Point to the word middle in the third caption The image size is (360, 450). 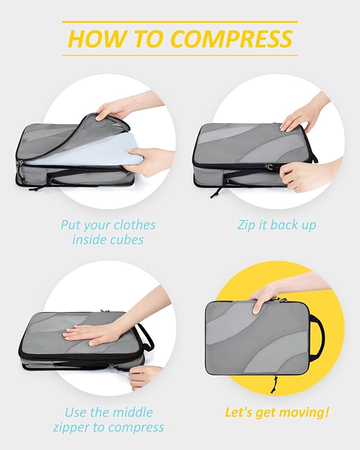(133, 412)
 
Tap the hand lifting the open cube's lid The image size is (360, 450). (113, 109)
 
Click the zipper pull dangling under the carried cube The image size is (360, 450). (274, 385)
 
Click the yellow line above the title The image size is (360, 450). (180, 22)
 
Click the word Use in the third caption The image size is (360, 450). (77, 412)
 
